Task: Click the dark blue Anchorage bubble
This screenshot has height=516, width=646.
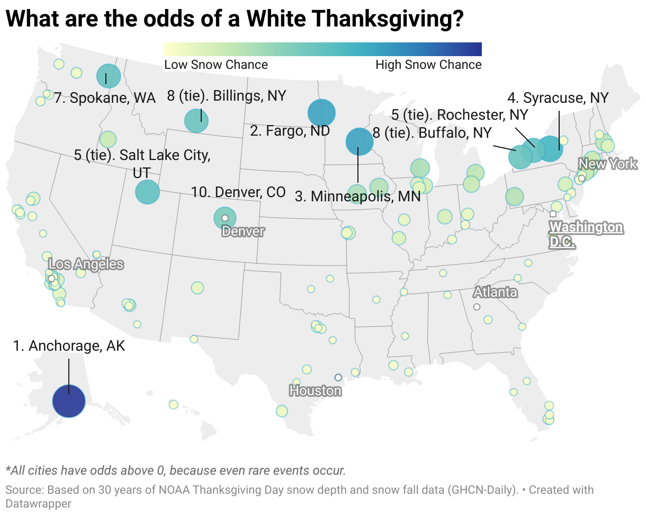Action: [69, 402]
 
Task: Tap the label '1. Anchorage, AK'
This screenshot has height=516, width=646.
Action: [69, 346]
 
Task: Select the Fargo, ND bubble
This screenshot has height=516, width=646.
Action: [321, 113]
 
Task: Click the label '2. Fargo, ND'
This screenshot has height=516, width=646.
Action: [290, 131]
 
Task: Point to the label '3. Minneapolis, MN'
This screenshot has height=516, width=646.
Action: [357, 197]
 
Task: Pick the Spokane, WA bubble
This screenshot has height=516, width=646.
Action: [109, 76]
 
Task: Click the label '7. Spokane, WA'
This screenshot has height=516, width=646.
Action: [105, 98]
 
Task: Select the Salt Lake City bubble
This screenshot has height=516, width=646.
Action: [147, 192]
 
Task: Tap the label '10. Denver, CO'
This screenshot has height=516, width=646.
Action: [238, 192]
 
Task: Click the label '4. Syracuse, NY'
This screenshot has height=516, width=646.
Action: [558, 97]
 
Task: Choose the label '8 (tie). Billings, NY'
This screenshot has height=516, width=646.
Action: [227, 96]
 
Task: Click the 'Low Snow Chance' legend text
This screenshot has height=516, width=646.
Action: [216, 65]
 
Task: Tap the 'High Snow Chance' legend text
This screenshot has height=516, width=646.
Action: [428, 65]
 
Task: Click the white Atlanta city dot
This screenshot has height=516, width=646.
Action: [477, 307]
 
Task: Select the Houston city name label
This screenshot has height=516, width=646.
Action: [315, 391]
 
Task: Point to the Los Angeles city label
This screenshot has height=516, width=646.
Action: [86, 264]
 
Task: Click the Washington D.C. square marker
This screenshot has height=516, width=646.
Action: [553, 213]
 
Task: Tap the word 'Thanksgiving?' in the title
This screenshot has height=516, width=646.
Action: [389, 20]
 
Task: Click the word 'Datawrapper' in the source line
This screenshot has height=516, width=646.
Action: [38, 503]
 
